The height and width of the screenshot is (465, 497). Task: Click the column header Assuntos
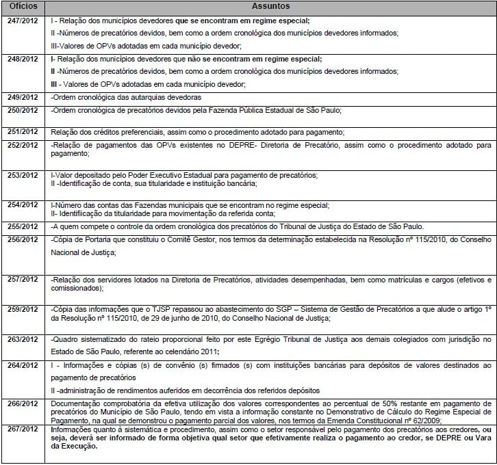270,7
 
